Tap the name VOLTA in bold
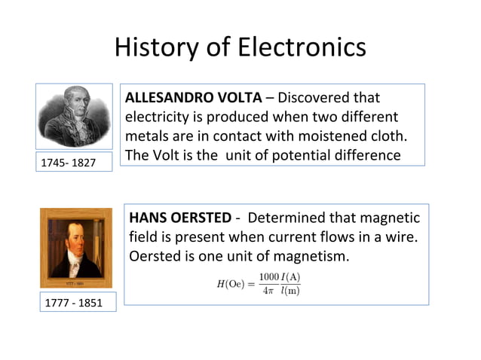click(x=239, y=98)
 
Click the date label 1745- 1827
click(x=68, y=162)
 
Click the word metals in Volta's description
click(x=146, y=136)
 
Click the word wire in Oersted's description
click(x=400, y=237)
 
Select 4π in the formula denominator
click(x=268, y=291)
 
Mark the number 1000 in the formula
click(x=268, y=276)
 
